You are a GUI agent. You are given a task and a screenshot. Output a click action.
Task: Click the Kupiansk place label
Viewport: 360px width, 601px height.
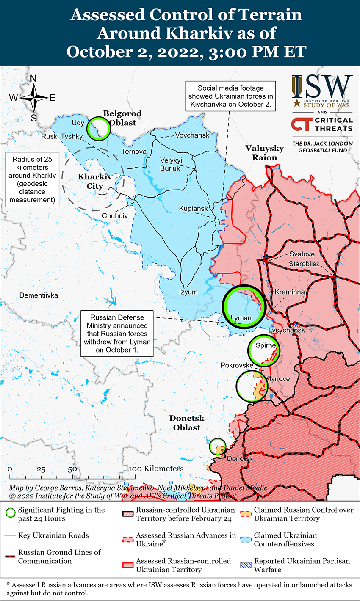[x=194, y=209]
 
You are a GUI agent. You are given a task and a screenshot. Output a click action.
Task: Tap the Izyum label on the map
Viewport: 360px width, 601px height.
[x=188, y=292]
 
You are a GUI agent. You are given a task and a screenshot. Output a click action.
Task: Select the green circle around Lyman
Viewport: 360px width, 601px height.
[x=243, y=306]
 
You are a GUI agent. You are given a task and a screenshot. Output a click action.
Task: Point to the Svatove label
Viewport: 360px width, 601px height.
[x=302, y=254]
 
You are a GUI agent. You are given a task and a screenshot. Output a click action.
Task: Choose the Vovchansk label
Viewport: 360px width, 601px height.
[x=192, y=135]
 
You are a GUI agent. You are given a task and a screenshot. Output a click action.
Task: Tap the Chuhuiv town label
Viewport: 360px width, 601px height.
[x=115, y=216]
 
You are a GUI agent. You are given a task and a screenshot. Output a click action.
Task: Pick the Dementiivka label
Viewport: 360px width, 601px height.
[x=39, y=295]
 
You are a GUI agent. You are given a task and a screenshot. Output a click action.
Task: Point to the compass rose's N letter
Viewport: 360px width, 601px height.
[x=33, y=78]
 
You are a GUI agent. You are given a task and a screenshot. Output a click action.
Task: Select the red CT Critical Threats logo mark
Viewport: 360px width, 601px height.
[x=301, y=124]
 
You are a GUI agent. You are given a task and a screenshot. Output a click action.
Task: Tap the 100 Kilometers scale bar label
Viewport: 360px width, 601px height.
[x=157, y=469]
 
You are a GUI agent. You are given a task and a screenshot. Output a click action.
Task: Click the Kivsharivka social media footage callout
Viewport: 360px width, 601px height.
[x=230, y=96]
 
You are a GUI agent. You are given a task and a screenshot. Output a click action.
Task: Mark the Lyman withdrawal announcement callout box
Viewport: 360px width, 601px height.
[x=117, y=334]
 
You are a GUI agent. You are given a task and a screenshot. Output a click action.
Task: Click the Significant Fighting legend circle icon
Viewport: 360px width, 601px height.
[x=11, y=513]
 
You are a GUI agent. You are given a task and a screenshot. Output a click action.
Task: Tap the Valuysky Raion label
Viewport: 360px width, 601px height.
[x=265, y=153]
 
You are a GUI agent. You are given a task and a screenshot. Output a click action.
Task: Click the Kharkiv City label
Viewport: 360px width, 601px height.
[x=94, y=181]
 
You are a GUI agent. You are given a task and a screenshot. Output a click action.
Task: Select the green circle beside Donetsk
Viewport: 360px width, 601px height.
[x=218, y=447]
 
